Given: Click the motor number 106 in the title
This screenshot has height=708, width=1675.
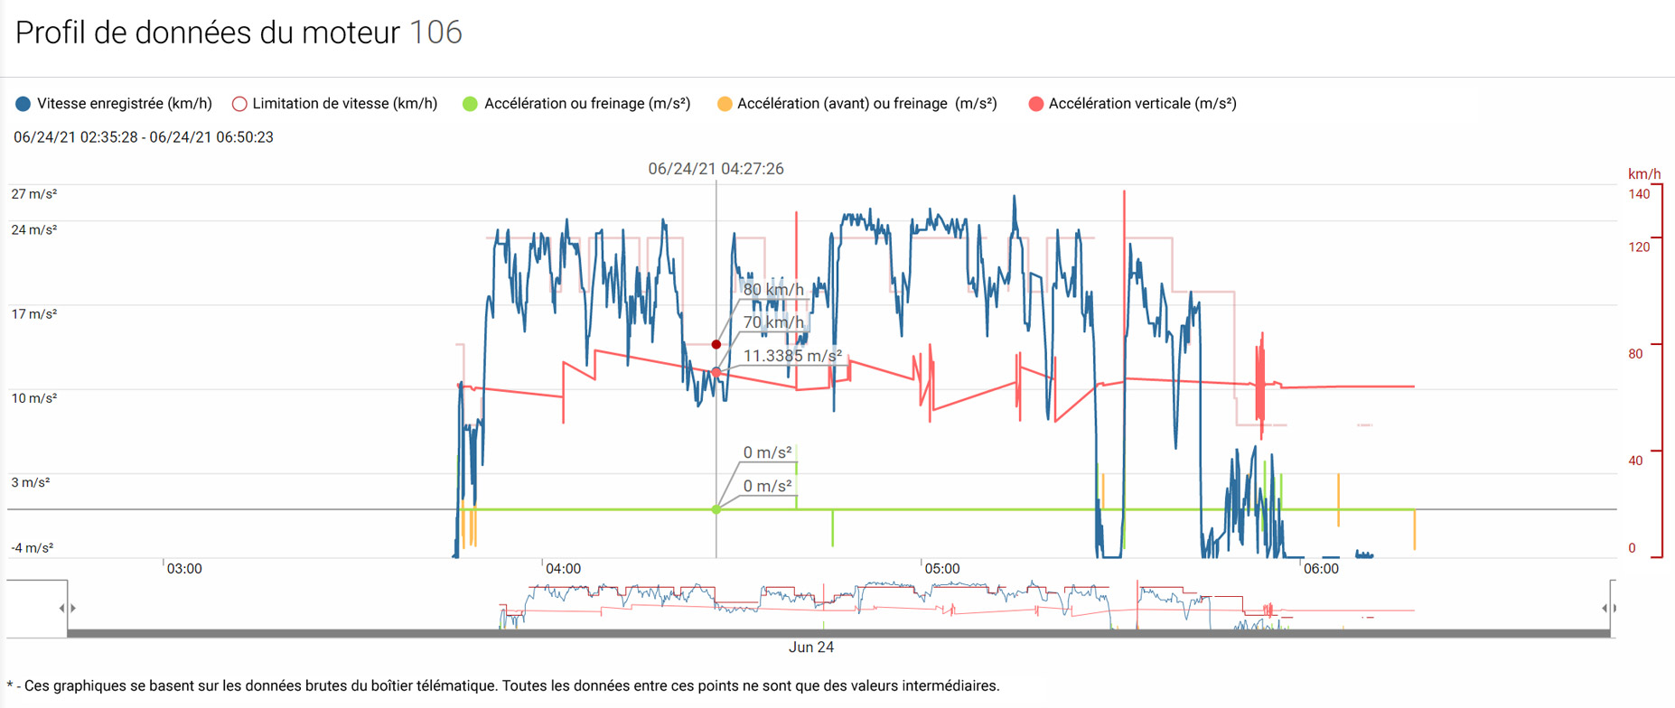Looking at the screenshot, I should [x=435, y=33].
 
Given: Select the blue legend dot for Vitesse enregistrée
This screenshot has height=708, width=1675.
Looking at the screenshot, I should [x=23, y=104].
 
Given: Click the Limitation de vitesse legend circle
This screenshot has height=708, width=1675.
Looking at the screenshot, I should [x=239, y=104].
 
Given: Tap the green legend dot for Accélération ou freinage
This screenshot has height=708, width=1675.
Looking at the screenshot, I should [x=470, y=104].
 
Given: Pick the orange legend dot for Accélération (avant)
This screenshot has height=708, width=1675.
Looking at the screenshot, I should [x=724, y=104].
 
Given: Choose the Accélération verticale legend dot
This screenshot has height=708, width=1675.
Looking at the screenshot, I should [x=1036, y=104].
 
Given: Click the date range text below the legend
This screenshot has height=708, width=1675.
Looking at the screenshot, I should [x=144, y=137].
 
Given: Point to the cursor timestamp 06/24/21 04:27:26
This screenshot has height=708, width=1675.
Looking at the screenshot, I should [x=716, y=169].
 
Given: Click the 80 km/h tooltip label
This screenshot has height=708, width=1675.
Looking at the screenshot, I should [x=773, y=290].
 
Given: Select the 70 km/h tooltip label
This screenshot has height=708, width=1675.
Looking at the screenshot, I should [x=773, y=322].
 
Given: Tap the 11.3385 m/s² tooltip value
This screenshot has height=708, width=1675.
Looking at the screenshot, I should [x=792, y=356].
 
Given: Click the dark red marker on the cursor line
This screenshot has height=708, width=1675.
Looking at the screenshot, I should [x=716, y=344].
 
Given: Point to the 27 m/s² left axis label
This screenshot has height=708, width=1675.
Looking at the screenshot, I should [x=33, y=194].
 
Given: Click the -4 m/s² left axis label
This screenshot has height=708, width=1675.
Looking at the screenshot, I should [x=32, y=548].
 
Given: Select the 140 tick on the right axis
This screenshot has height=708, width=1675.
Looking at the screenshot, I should [x=1639, y=194].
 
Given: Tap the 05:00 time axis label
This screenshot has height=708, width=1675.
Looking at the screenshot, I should [x=941, y=569].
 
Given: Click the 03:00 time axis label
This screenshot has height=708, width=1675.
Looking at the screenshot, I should [x=184, y=569].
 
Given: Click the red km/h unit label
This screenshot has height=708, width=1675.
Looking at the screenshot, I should [x=1644, y=174].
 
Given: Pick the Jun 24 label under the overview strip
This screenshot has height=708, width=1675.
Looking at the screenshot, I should [x=811, y=647].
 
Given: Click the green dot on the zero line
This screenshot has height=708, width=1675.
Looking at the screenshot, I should [x=716, y=509].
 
